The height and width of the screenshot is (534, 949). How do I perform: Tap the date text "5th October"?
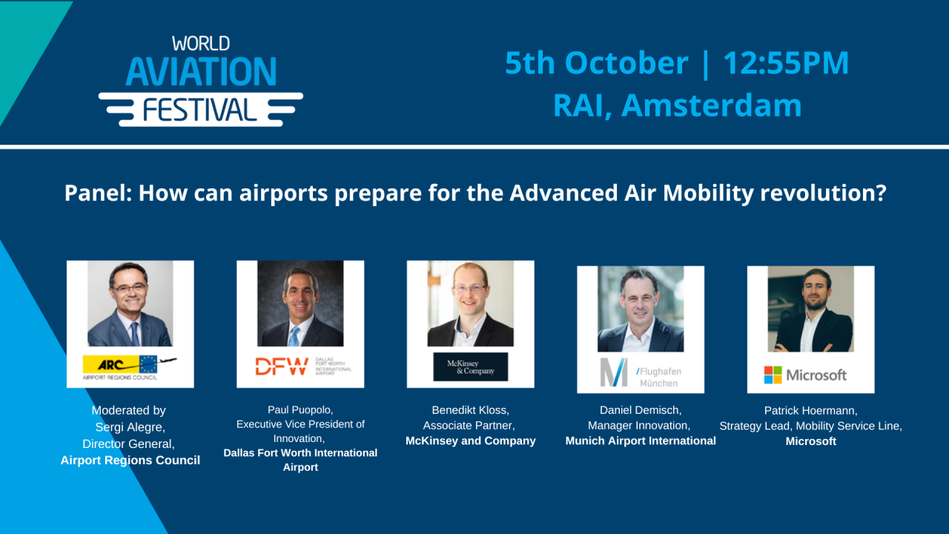[x=596, y=63]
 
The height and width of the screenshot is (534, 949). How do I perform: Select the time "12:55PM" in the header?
[x=786, y=63]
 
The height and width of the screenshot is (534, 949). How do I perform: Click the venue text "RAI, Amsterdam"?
[x=677, y=105]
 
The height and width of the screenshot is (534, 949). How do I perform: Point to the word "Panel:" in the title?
[x=98, y=194]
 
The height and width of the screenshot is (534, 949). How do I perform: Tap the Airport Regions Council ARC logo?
[x=130, y=366]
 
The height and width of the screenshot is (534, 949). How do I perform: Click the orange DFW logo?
[x=282, y=366]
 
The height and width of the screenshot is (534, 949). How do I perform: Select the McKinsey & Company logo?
[x=470, y=366]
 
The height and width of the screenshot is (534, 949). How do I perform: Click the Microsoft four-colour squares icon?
[x=773, y=375]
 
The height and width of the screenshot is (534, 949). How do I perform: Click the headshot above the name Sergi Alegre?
[x=130, y=304]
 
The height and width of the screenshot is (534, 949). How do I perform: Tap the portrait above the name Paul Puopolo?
[x=300, y=304]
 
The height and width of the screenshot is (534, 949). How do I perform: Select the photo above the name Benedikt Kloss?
[x=470, y=304]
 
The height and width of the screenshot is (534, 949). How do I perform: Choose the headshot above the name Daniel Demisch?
[x=641, y=309]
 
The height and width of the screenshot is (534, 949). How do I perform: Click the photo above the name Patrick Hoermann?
[x=810, y=309]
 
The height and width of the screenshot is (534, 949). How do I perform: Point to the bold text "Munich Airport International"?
[x=641, y=441]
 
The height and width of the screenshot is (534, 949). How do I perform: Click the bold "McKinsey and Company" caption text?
[x=470, y=441]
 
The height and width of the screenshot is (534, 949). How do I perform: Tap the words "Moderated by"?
[x=129, y=410]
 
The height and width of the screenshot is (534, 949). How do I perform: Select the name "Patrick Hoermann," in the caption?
[x=810, y=410]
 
